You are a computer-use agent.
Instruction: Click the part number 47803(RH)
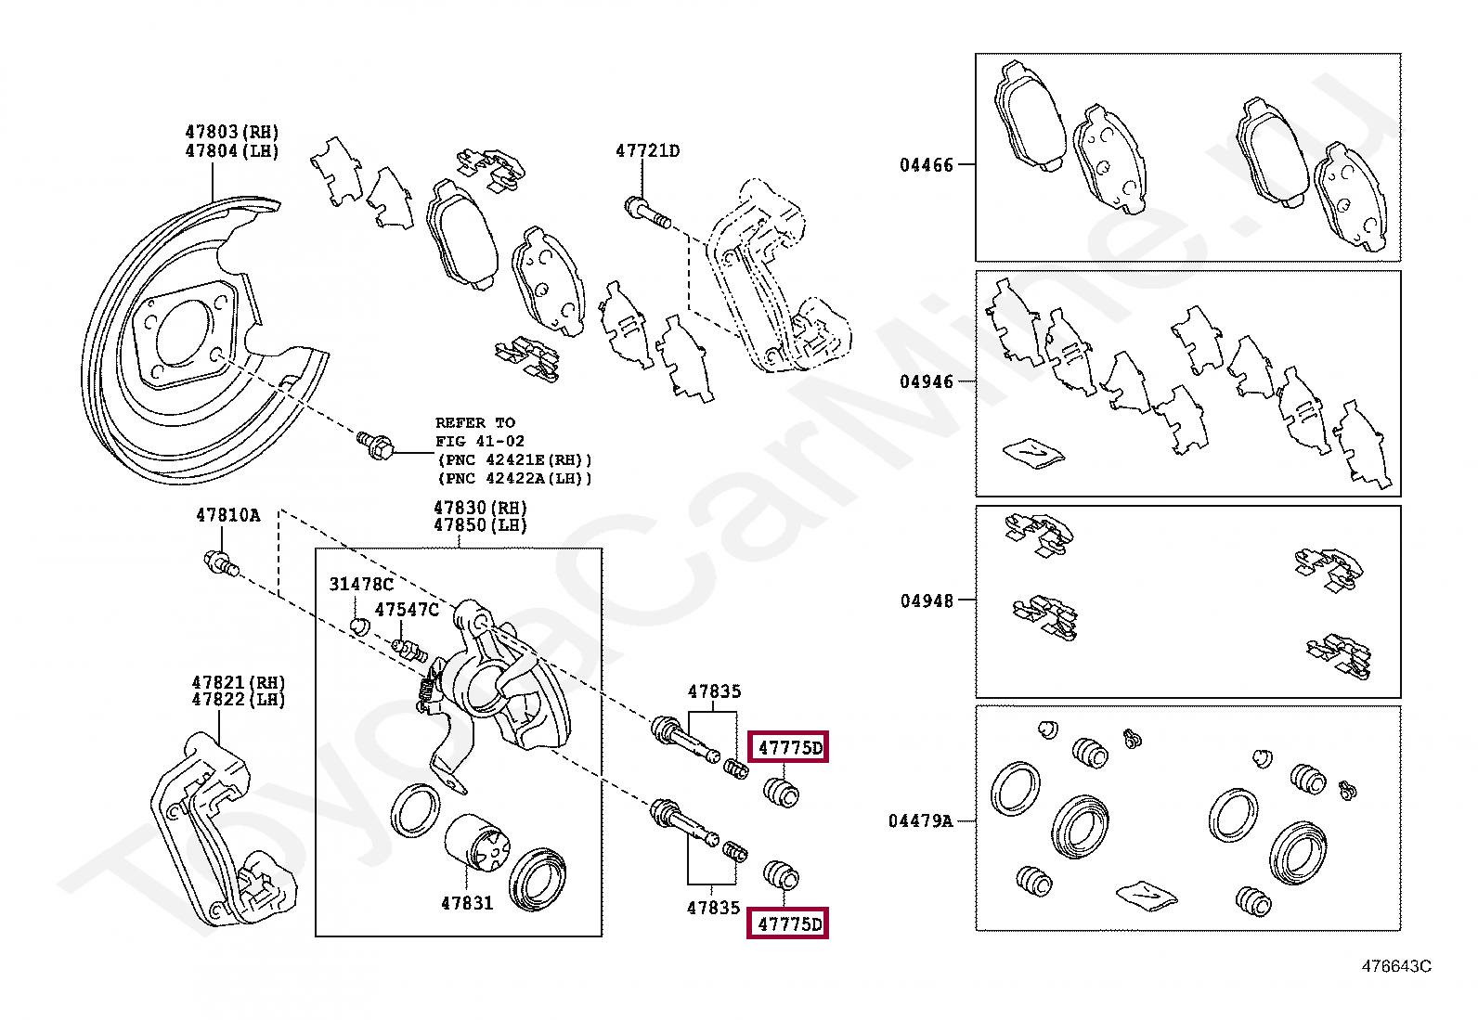(232, 132)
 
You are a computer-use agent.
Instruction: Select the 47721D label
(647, 150)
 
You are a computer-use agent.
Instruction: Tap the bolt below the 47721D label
(648, 213)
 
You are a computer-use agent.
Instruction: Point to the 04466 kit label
(926, 165)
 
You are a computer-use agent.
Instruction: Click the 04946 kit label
(926, 381)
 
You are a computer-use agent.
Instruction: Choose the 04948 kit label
(926, 600)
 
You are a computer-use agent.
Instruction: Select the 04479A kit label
(920, 820)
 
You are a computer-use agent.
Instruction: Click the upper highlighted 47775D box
(789, 747)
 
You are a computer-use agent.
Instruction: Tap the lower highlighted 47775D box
(789, 923)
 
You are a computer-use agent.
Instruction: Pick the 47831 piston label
(467, 902)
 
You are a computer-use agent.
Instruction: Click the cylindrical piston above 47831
(477, 845)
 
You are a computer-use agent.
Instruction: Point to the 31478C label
(361, 584)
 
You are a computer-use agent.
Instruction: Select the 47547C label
(407, 610)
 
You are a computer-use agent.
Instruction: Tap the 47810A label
(227, 515)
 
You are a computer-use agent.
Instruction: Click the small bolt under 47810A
(222, 562)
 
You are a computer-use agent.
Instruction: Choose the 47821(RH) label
(239, 682)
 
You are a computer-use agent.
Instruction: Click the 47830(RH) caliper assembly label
(480, 508)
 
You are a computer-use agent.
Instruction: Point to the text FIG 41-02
(480, 441)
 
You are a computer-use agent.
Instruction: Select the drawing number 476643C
(1395, 966)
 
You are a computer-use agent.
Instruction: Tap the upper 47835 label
(714, 691)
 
